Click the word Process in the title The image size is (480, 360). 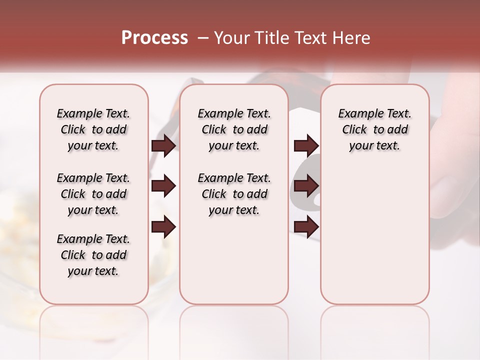pyautogui.click(x=154, y=38)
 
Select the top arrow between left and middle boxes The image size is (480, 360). pyautogui.click(x=163, y=145)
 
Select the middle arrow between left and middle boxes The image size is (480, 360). pyautogui.click(x=163, y=186)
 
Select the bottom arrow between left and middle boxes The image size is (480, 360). pyautogui.click(x=163, y=227)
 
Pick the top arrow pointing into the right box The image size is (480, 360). pyautogui.click(x=306, y=145)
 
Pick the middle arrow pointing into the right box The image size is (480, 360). pyautogui.click(x=306, y=186)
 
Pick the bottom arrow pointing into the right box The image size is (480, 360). pyautogui.click(x=306, y=227)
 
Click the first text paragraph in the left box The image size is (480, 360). pyautogui.click(x=93, y=129)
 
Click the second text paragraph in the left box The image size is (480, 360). pyautogui.click(x=93, y=194)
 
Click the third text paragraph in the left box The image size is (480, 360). pyautogui.click(x=93, y=255)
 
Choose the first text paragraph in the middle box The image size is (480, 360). pyautogui.click(x=234, y=129)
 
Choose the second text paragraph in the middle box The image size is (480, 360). pyautogui.click(x=234, y=194)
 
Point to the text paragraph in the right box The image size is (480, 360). pyautogui.click(x=374, y=129)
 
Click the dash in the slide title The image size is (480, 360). pyautogui.click(x=203, y=38)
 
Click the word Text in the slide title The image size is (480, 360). pyautogui.click(x=309, y=38)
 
